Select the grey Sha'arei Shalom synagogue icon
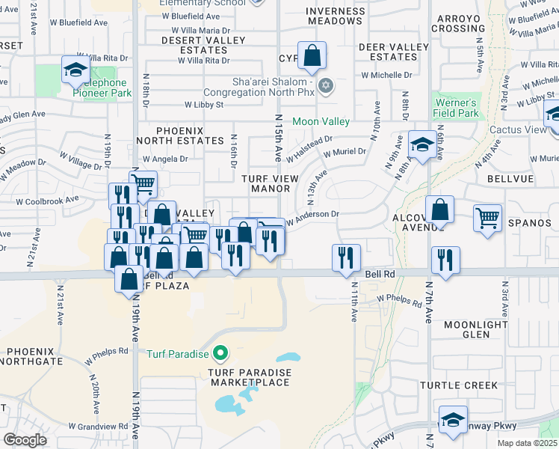point(325,85)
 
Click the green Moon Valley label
point(321,121)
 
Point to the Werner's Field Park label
point(454,108)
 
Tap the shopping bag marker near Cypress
point(312,56)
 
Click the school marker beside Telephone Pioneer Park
point(75,71)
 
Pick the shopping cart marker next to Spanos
point(487,219)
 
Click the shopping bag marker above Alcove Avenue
point(440,211)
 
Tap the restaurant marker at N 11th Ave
point(346,258)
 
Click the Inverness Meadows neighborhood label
point(335,15)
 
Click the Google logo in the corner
point(25,440)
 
